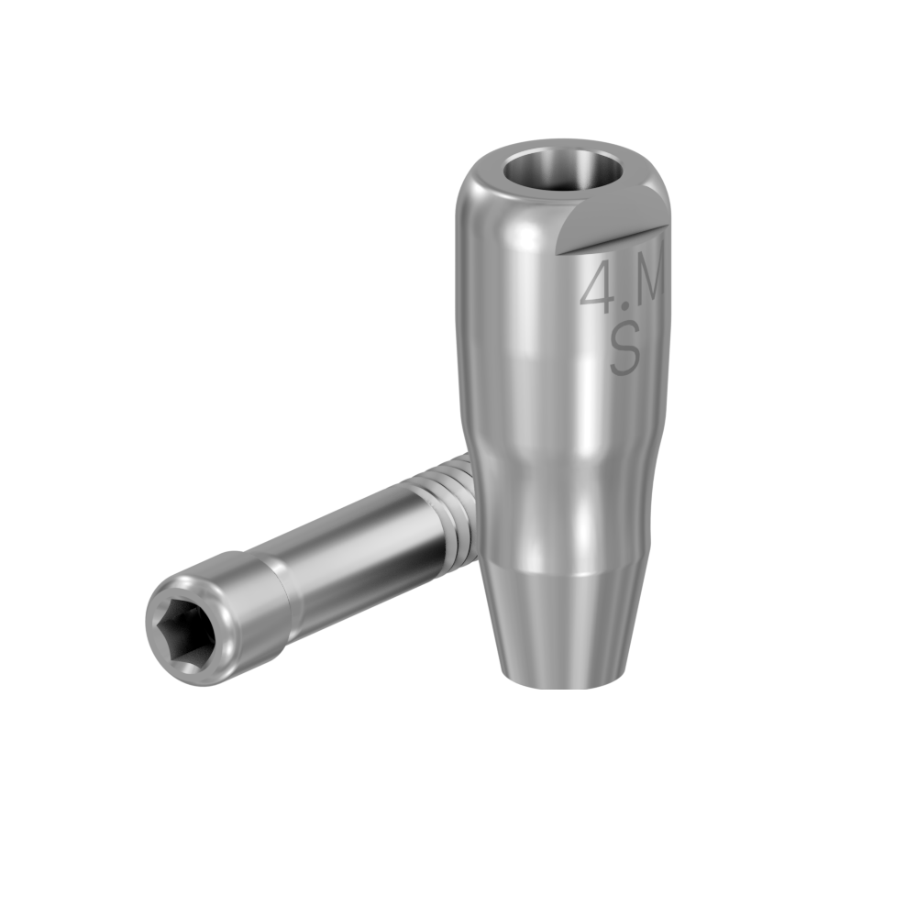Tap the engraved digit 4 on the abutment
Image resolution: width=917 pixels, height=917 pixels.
coord(599,286)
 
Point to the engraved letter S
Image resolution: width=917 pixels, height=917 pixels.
coord(625,352)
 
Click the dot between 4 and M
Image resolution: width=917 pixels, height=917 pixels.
coord(626,304)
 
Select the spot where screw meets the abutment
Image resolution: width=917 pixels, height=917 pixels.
coord(471,504)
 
